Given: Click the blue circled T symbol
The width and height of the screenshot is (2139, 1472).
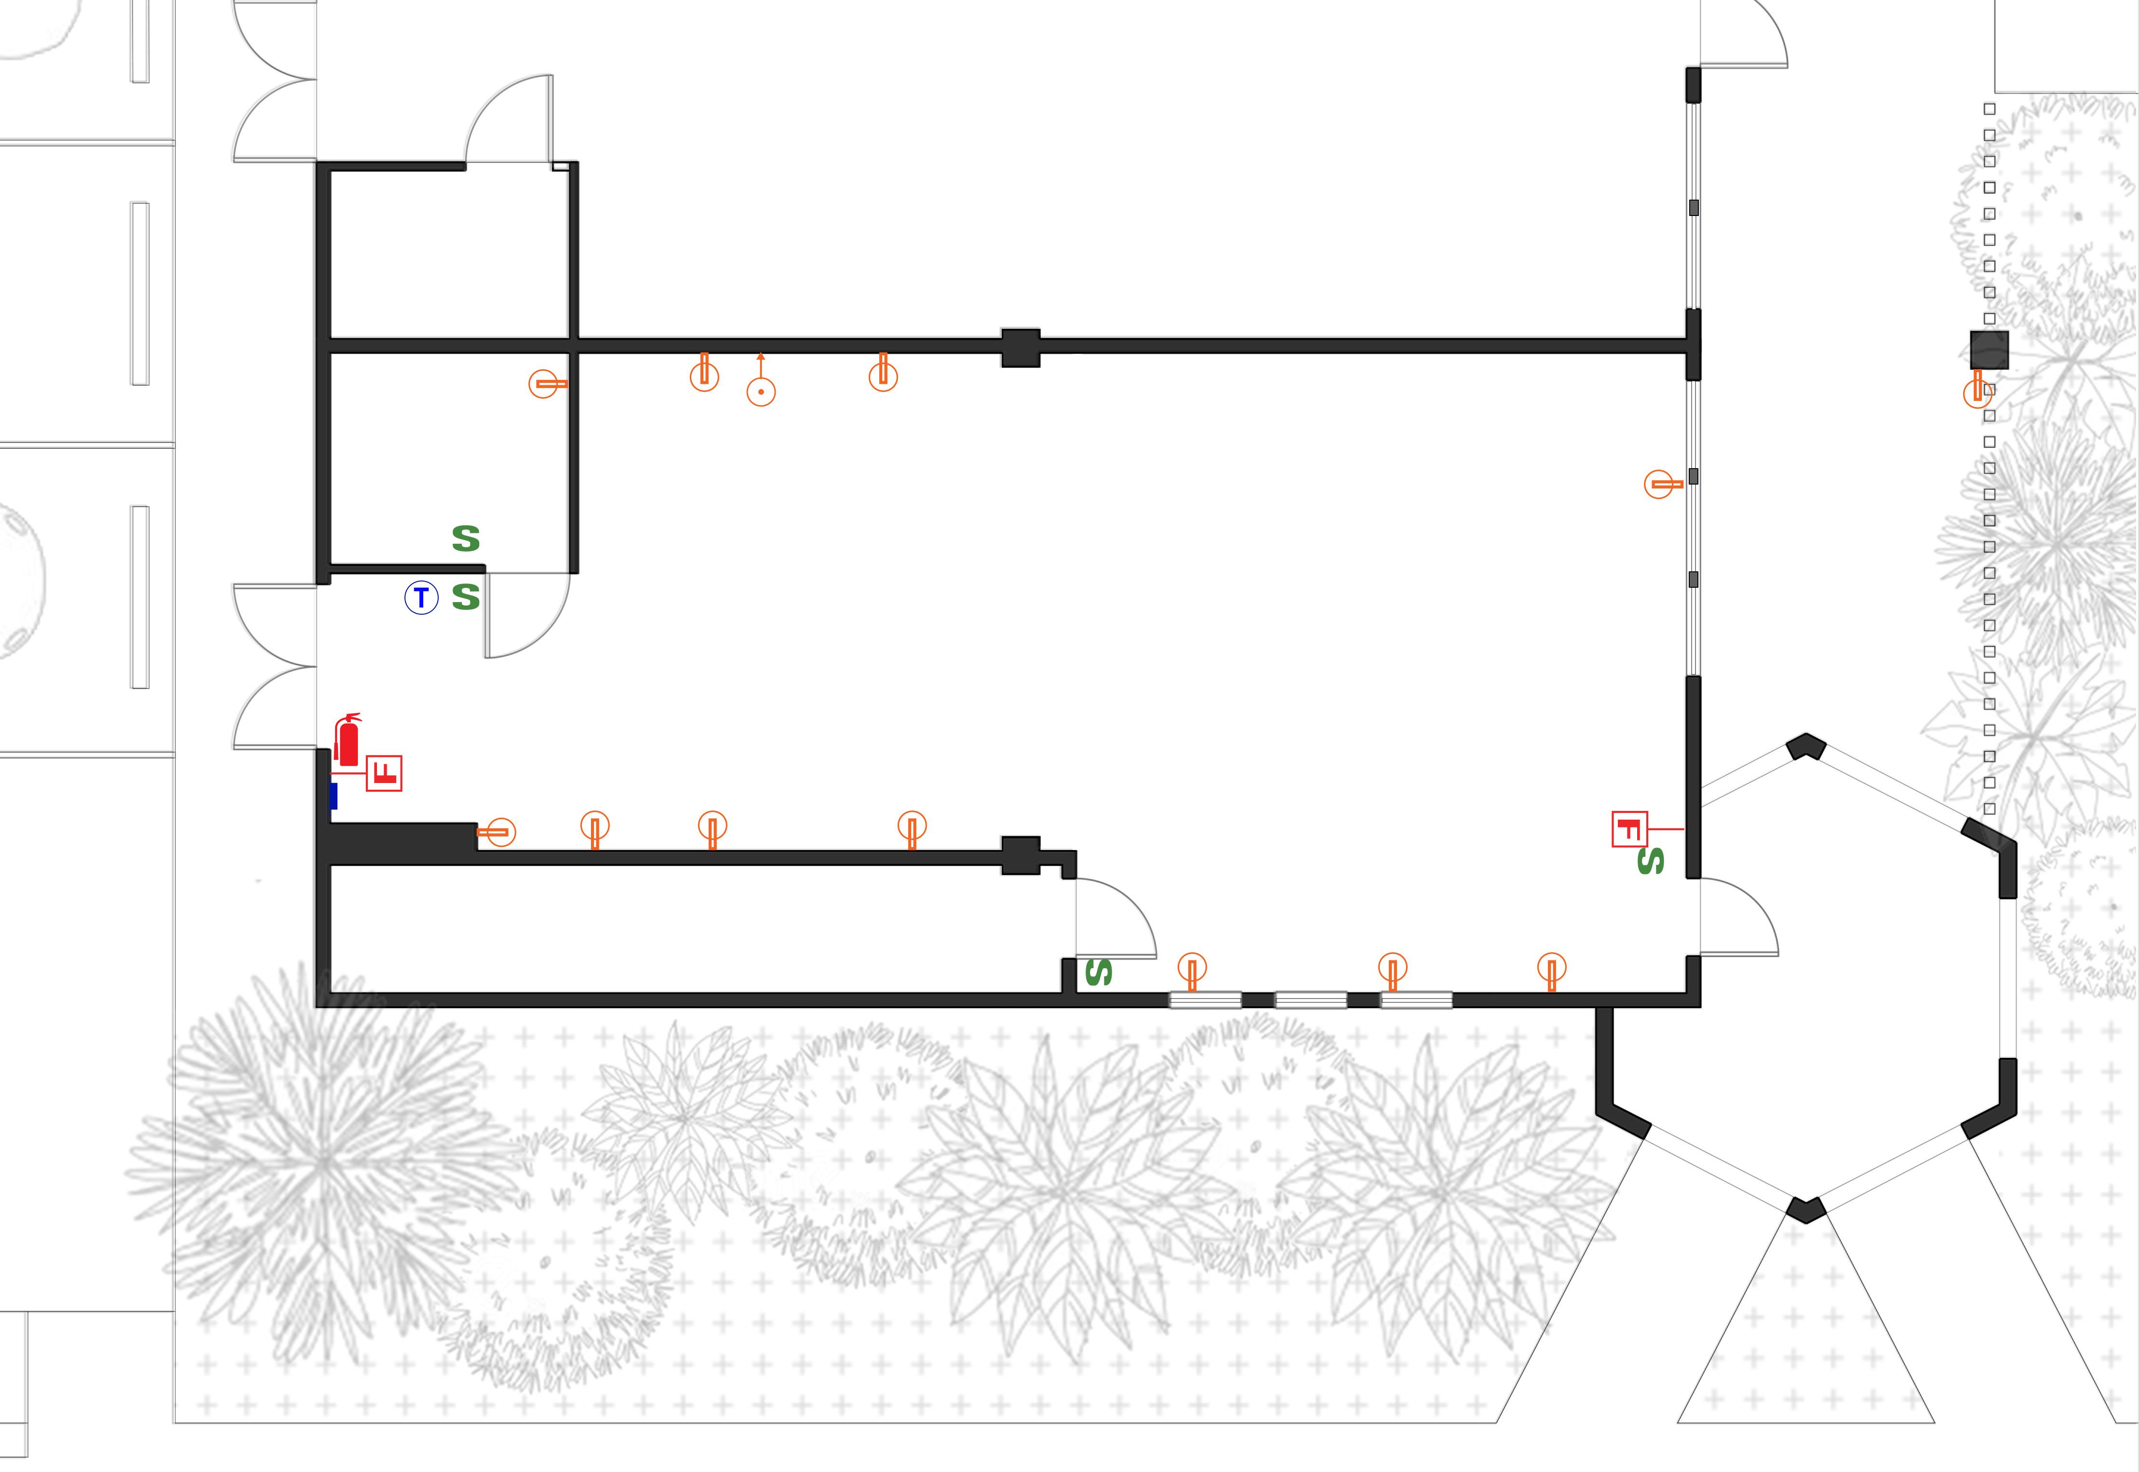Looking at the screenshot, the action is point(421,598).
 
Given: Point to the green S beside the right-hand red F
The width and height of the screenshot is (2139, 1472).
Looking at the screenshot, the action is point(1650,862).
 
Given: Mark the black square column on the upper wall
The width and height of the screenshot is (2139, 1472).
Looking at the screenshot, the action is point(1021,348).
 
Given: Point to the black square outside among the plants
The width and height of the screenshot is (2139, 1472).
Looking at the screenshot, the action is point(1989,351).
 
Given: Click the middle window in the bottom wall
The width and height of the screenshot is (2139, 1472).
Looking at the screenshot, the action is point(1310,1000).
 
